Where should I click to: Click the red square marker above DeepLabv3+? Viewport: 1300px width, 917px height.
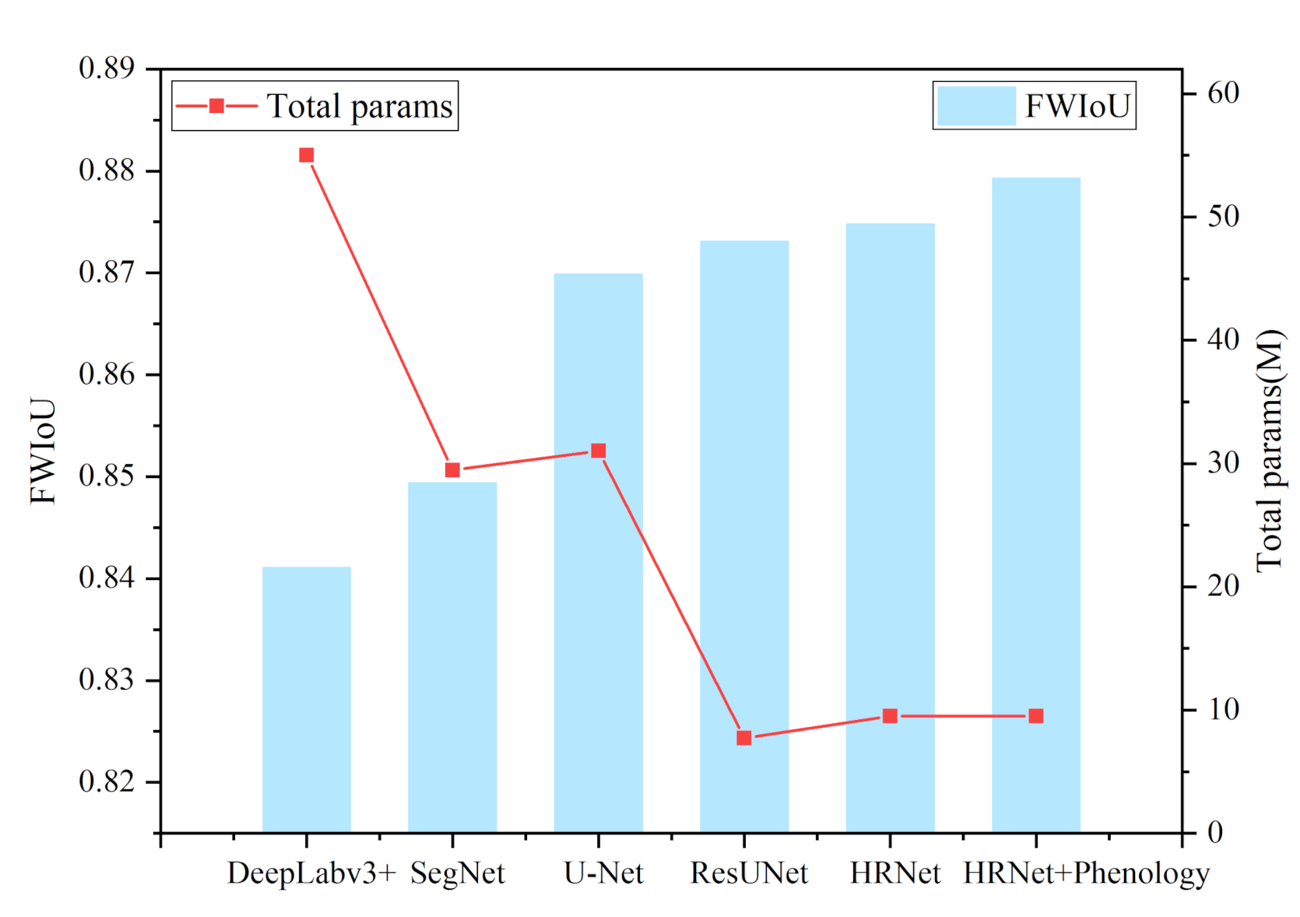pyautogui.click(x=307, y=156)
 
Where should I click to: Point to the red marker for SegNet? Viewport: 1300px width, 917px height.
pyautogui.click(x=452, y=470)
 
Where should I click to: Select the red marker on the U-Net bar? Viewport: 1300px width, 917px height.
pyautogui.click(x=598, y=451)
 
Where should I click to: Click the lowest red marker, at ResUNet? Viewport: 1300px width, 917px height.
pyautogui.click(x=744, y=737)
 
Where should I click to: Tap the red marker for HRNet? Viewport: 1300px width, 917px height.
pyautogui.click(x=890, y=715)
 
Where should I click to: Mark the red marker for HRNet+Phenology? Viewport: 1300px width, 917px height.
pyautogui.click(x=1035, y=715)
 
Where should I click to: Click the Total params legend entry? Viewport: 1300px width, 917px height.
pyautogui.click(x=314, y=107)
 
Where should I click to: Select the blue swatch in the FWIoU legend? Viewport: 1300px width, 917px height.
pyautogui.click(x=976, y=106)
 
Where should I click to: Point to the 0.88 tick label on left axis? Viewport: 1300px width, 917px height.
pyautogui.click(x=107, y=170)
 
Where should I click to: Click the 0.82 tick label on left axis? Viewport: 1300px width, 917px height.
pyautogui.click(x=107, y=781)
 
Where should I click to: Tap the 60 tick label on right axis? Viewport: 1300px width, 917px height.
pyautogui.click(x=1223, y=93)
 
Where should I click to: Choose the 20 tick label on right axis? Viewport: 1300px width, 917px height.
pyautogui.click(x=1223, y=585)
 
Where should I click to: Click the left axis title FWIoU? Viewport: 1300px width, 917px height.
pyautogui.click(x=44, y=451)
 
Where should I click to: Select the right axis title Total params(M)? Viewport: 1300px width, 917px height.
pyautogui.click(x=1269, y=451)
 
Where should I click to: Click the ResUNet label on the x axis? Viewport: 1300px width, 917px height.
pyautogui.click(x=749, y=873)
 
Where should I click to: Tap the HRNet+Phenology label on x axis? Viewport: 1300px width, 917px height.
pyautogui.click(x=1086, y=873)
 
